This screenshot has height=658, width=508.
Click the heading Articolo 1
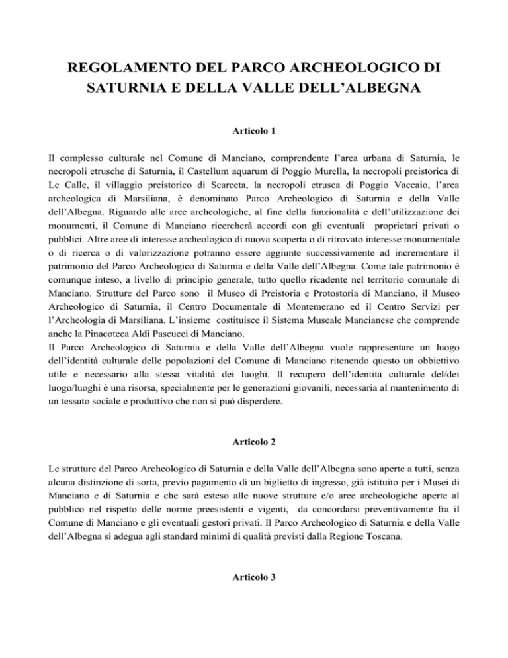(254, 151)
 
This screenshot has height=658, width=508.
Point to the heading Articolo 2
(254, 446)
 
